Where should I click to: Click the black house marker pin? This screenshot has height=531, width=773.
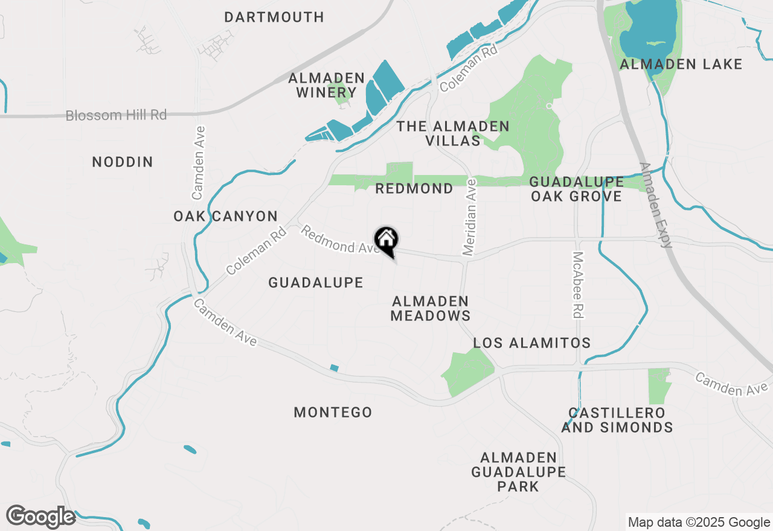386,241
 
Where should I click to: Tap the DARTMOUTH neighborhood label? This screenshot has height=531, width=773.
274,17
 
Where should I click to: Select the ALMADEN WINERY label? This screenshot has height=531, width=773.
326,85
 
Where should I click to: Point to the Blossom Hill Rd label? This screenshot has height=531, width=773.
116,115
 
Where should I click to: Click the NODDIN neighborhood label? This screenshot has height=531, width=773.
123,162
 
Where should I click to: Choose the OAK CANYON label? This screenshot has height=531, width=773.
225,216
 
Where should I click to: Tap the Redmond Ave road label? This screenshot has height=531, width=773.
341,240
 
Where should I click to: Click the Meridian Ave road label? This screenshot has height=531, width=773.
470,217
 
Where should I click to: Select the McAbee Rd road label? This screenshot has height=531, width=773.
578,285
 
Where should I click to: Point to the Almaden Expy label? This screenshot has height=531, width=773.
655,205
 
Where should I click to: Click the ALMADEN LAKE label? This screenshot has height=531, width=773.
681,64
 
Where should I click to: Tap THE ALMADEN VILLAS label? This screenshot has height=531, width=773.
453,133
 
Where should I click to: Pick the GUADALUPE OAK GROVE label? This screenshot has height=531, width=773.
576,189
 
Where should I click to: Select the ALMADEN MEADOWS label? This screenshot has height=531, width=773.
431,308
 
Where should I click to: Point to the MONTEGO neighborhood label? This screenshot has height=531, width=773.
333,412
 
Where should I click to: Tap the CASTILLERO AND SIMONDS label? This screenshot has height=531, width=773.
617,420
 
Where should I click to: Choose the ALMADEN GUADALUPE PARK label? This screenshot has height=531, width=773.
519,472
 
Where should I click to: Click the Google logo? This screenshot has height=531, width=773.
41,517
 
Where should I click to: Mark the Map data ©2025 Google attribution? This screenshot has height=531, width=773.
699,523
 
